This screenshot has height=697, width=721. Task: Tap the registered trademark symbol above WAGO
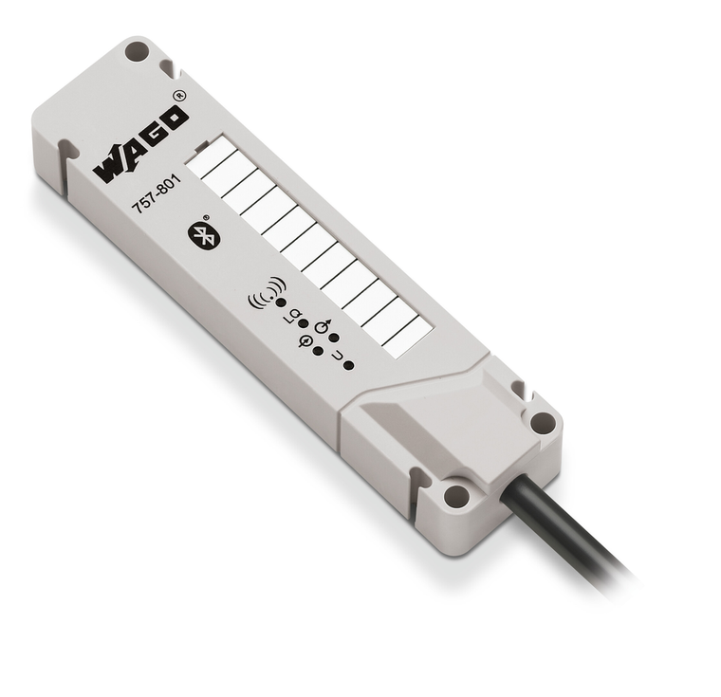pyautogui.click(x=179, y=94)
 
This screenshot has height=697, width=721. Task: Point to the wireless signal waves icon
pyautogui.click(x=266, y=292)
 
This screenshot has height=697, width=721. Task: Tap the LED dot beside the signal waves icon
pyautogui.click(x=282, y=304)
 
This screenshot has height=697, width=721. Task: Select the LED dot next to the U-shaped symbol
pyautogui.click(x=349, y=365)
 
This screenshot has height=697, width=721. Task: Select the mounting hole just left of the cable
pyautogui.click(x=456, y=494)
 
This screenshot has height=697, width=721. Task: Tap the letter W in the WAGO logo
pyautogui.click(x=110, y=166)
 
